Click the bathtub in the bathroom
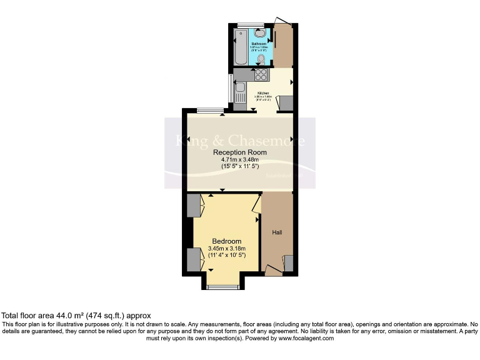point(241,47)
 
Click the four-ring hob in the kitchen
point(261,75)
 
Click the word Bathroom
point(259,44)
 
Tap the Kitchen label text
point(264,92)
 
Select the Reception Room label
point(239,152)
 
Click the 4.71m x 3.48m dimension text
point(239,160)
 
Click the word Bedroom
point(226,241)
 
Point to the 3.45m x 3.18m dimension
point(226,249)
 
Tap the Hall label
point(277,232)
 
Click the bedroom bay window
point(223,287)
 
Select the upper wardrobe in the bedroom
point(193,206)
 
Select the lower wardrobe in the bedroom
point(193,259)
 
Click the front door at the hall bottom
point(273,270)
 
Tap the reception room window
point(210,111)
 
